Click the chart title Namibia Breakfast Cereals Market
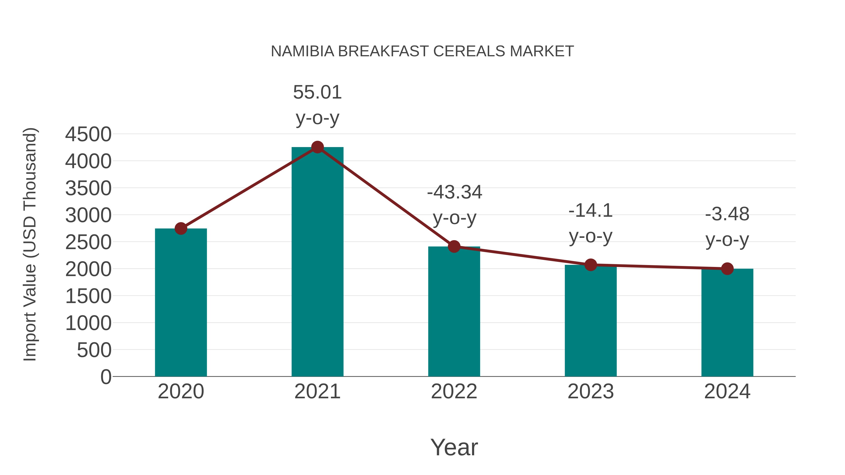[422, 51]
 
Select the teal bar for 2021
[317, 262]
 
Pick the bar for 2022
[454, 312]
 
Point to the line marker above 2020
[181, 228]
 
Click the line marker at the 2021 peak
[317, 147]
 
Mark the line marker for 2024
[727, 269]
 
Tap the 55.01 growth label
[317, 92]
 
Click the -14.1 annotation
[591, 211]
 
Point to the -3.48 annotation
[727, 214]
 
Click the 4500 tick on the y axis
[88, 134]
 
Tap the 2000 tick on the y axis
[88, 270]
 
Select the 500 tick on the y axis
[94, 350]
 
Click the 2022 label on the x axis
[454, 391]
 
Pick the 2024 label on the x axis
[727, 391]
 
